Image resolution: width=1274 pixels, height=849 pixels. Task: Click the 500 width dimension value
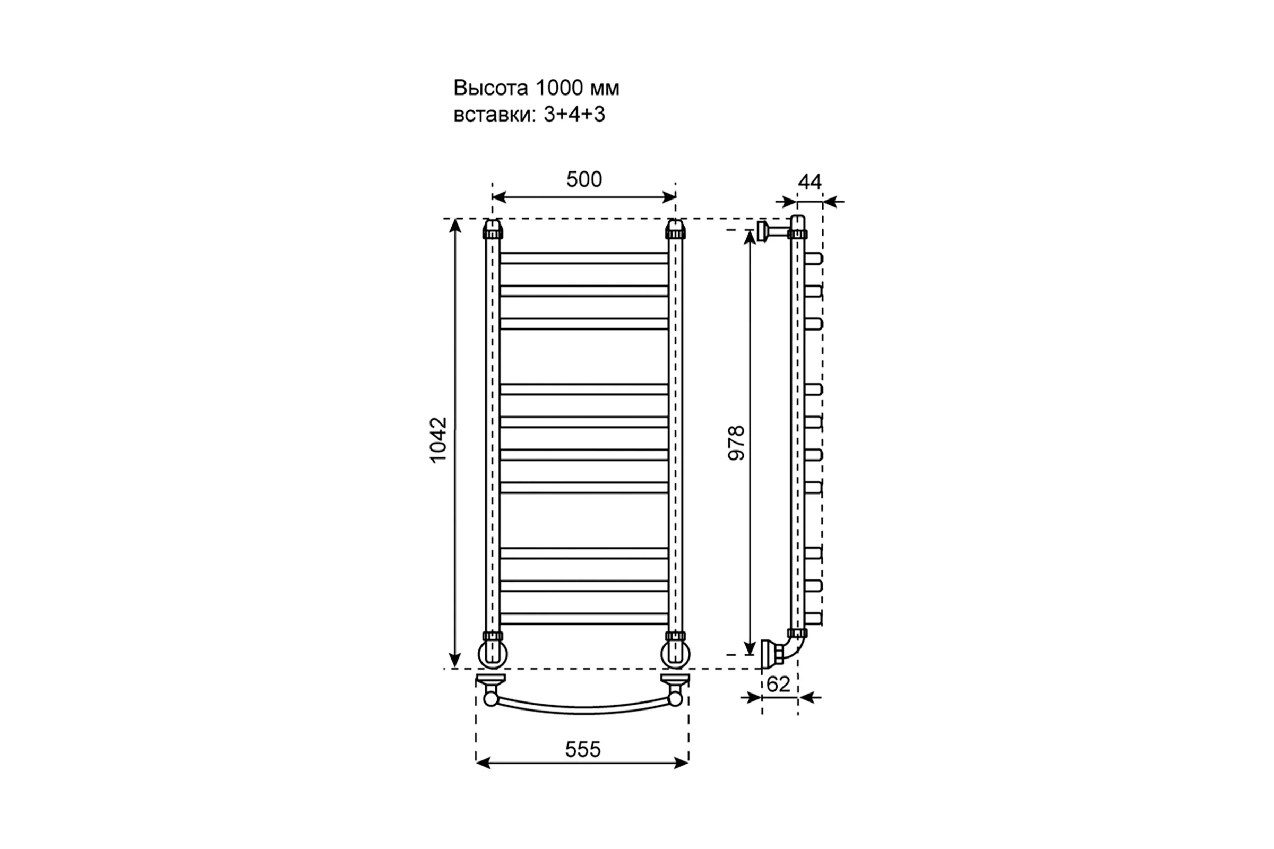click(x=584, y=179)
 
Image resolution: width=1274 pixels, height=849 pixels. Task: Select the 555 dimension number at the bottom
click(x=583, y=749)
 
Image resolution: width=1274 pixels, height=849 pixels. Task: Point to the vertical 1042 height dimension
click(x=438, y=439)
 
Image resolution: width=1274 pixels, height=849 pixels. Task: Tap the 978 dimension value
click(x=737, y=443)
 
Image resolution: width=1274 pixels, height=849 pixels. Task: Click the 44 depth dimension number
click(x=810, y=182)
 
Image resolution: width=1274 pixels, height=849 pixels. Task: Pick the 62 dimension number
click(x=778, y=685)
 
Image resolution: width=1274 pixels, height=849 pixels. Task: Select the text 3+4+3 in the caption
click(x=574, y=114)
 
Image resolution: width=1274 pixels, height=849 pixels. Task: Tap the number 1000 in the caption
click(x=559, y=88)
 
